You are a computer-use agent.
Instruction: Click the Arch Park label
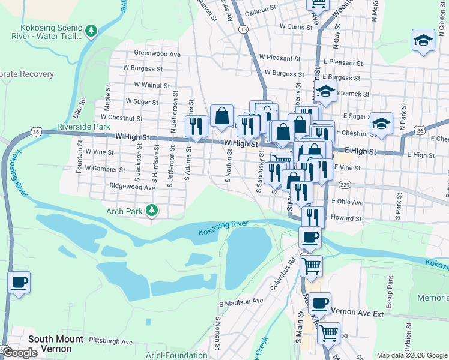124,211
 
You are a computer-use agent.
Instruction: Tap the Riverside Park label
83,127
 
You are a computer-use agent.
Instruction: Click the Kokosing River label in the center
223,224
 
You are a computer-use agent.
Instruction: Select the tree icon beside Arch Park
153,210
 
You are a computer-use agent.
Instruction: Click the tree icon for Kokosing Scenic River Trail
91,31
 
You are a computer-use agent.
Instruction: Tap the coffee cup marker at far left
19,281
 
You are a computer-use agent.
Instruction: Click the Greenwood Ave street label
157,53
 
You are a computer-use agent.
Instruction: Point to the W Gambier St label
105,169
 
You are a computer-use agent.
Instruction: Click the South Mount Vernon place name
58,343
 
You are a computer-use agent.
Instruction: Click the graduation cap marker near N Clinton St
423,41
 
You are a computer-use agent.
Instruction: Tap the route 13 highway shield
243,29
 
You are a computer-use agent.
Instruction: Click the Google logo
20,353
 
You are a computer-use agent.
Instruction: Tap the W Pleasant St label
279,59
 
